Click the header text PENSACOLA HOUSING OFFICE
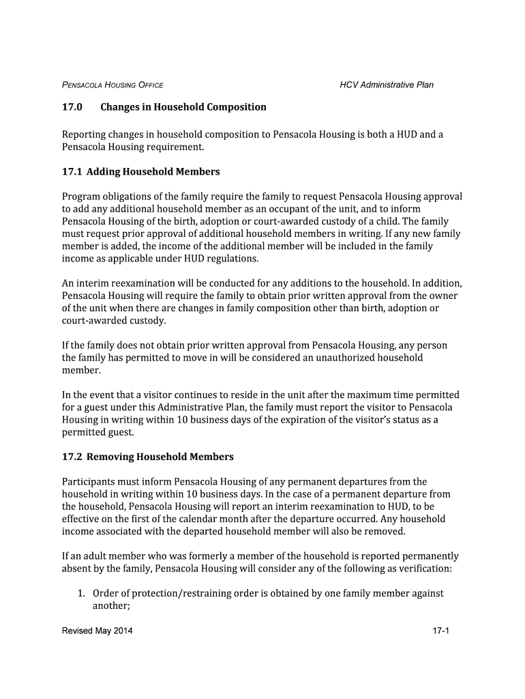pyautogui.click(x=112, y=85)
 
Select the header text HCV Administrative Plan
pyautogui.click(x=387, y=85)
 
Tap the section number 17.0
pyautogui.click(x=72, y=107)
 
